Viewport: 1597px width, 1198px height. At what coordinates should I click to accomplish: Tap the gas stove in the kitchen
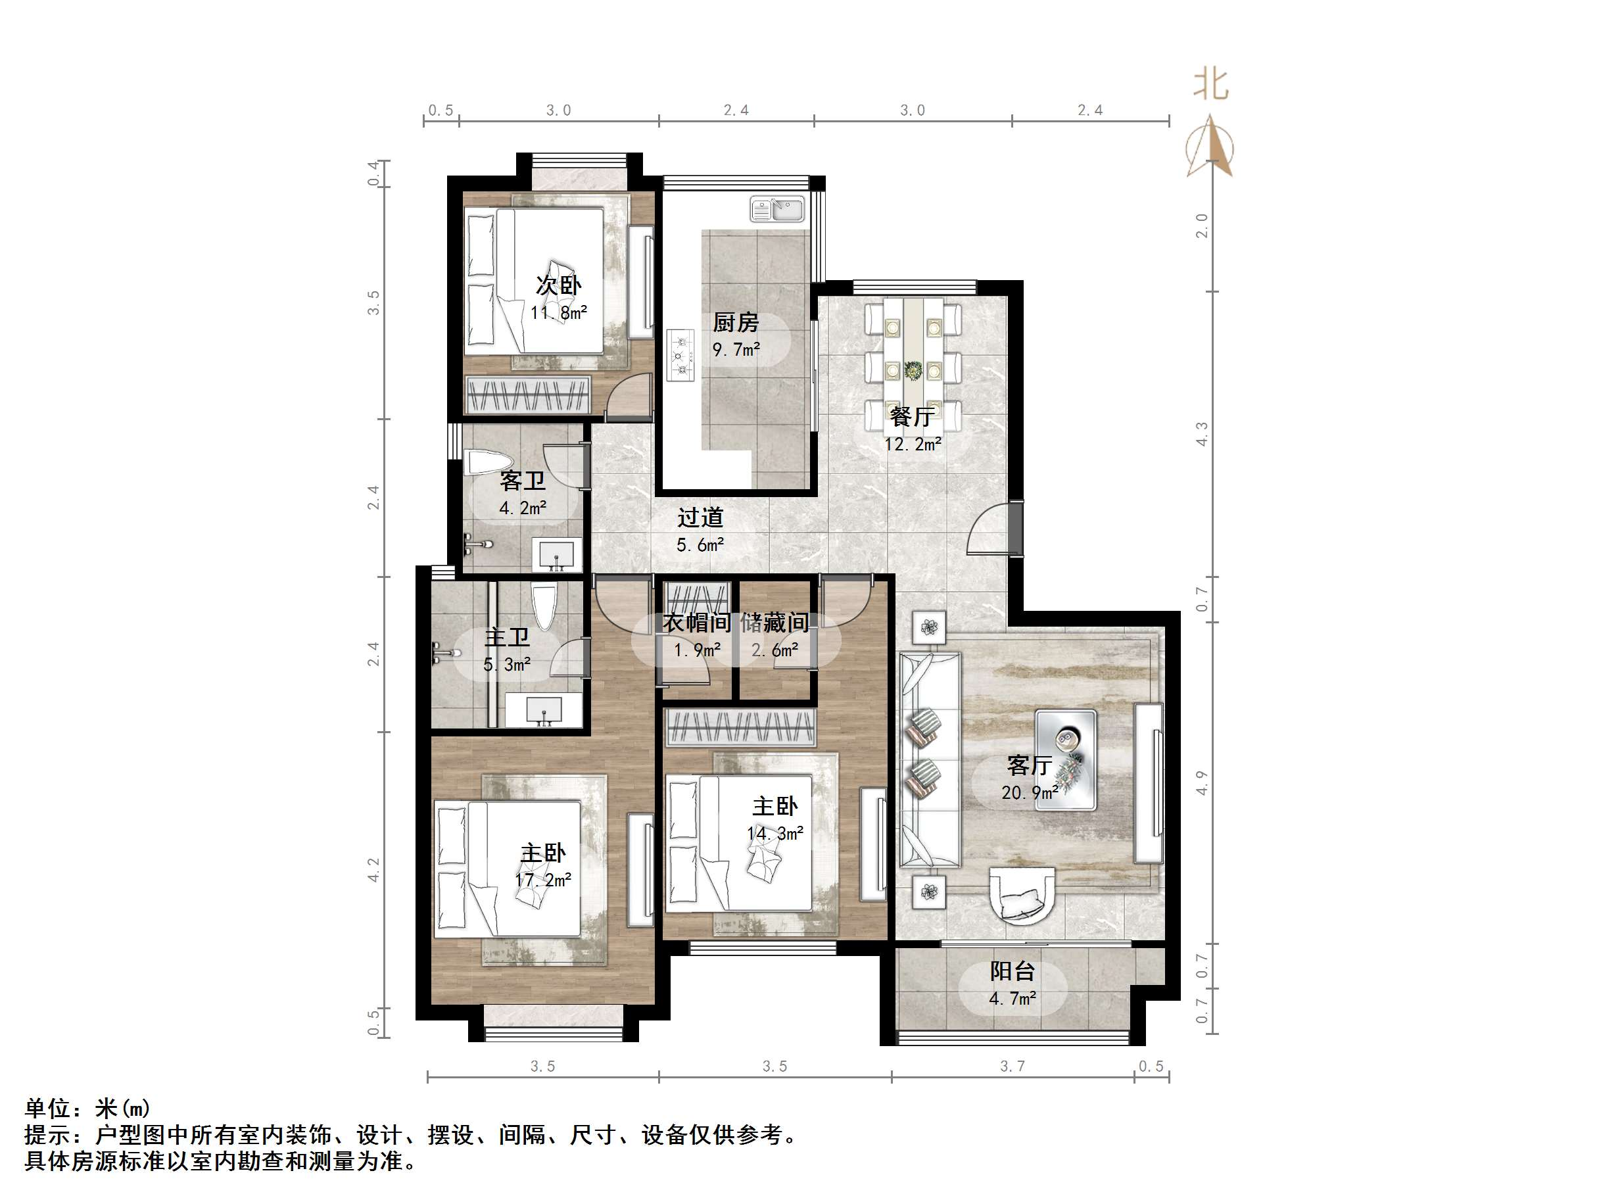(680, 354)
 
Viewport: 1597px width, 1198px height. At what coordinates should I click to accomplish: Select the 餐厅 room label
(912, 417)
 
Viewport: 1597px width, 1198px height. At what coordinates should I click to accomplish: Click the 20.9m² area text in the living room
(1030, 793)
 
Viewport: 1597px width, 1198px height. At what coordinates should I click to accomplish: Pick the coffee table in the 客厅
(1066, 759)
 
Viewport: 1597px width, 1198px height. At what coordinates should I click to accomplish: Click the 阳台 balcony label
(1013, 971)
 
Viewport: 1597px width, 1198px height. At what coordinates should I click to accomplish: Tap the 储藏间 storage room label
(775, 623)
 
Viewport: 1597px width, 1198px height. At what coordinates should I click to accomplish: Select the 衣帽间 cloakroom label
(697, 623)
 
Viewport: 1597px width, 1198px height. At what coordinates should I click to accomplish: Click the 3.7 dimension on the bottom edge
(1013, 1066)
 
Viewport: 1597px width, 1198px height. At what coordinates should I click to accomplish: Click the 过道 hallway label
(700, 517)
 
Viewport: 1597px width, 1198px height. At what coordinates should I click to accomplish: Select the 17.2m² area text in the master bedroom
(543, 880)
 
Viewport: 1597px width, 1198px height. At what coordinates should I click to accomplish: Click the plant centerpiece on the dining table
(913, 370)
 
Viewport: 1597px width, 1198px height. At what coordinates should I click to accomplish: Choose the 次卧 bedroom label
(559, 285)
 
